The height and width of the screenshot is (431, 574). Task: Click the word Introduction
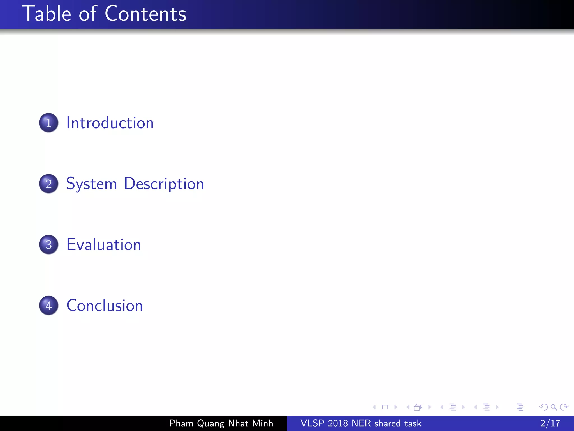(x=110, y=123)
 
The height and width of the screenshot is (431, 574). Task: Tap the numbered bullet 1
(x=48, y=123)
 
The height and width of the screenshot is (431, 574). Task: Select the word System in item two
(x=91, y=184)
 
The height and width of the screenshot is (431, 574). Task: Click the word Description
(x=164, y=184)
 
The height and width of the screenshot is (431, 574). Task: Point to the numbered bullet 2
(x=48, y=184)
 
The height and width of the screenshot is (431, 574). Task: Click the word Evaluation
(x=104, y=245)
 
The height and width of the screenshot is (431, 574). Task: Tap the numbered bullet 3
(x=48, y=245)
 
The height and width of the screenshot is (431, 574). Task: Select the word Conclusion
(x=105, y=306)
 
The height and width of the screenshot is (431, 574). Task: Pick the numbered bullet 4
(x=48, y=306)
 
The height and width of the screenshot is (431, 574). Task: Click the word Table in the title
(x=47, y=14)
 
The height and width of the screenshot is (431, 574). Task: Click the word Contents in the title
(x=145, y=14)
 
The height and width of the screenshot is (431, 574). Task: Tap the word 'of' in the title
(x=88, y=14)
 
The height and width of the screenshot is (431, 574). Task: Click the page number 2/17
(x=550, y=423)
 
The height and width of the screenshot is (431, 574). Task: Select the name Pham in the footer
(x=181, y=423)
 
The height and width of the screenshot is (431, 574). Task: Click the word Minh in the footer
(x=263, y=423)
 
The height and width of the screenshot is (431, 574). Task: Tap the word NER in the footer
(x=361, y=423)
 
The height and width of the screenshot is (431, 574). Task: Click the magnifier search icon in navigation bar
(x=554, y=407)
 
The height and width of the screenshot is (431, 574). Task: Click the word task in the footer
(x=413, y=423)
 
